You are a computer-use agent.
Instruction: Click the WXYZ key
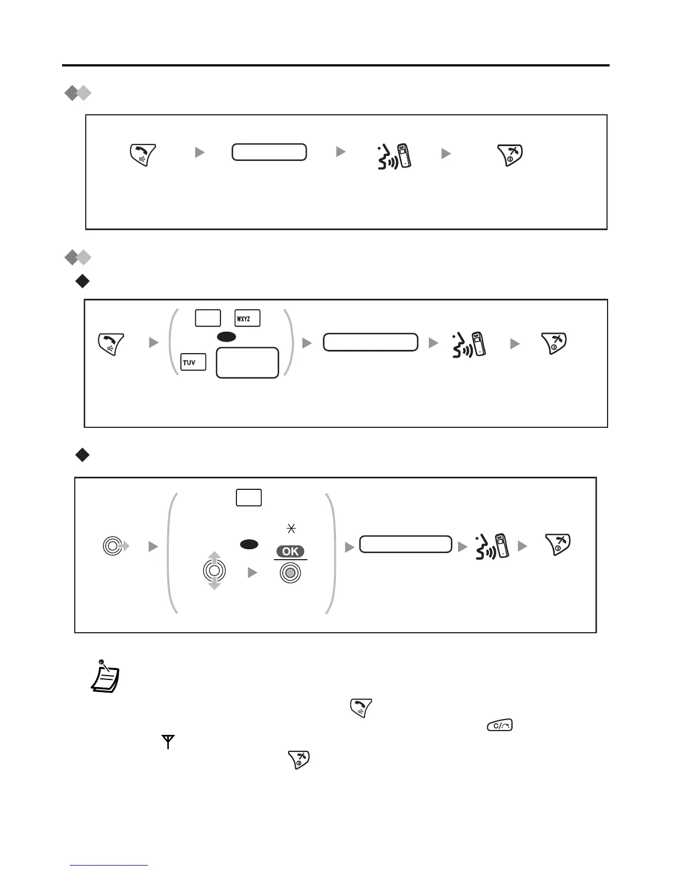pos(247,319)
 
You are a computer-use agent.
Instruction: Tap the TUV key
pos(193,362)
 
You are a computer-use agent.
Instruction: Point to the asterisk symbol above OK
pos(291,529)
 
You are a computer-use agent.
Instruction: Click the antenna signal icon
pos(167,743)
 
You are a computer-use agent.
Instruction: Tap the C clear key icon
pos(499,726)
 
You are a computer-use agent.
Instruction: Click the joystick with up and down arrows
pos(214,571)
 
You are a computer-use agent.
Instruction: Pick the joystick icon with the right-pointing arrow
pos(114,546)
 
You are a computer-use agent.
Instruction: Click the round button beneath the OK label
pos(290,573)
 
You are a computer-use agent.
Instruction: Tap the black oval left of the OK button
pos(249,544)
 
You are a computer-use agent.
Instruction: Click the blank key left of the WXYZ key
pos(208,319)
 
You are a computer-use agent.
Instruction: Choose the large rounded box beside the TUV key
pos(247,362)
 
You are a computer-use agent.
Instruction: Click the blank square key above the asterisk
pos(249,498)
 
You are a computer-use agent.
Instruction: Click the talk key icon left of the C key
pos(360,708)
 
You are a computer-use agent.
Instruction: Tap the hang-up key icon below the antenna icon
pos(299,760)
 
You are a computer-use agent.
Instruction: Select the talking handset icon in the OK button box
pos(492,545)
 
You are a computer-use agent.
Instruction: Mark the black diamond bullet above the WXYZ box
pos(82,282)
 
